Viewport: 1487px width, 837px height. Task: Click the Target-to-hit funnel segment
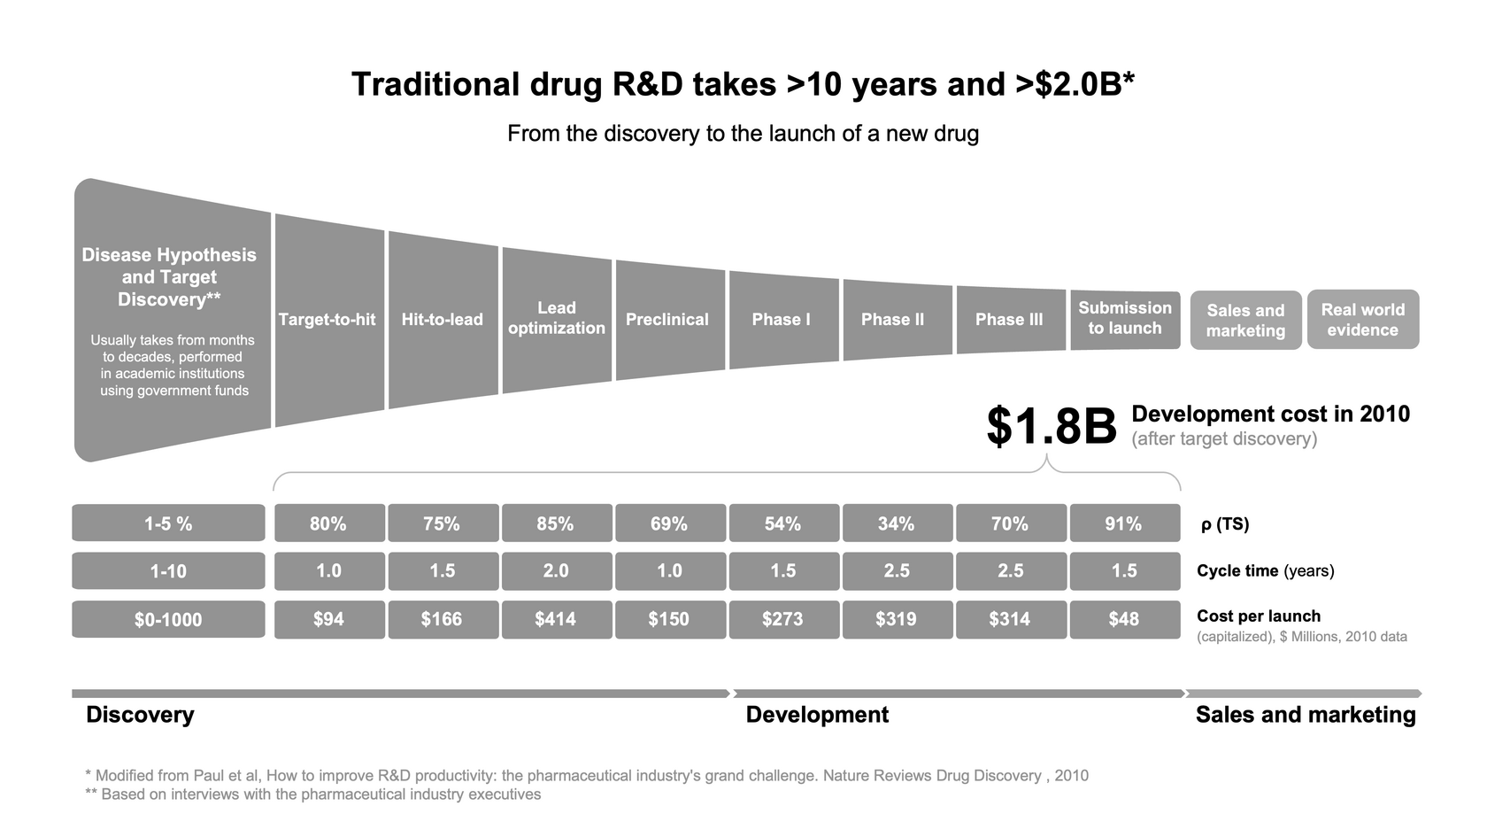coord(328,320)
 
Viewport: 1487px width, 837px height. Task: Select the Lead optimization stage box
coord(557,319)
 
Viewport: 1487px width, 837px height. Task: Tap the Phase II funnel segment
coord(893,320)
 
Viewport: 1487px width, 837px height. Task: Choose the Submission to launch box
coord(1125,319)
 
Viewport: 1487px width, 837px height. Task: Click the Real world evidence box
coord(1363,320)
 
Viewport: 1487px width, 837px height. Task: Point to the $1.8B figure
coord(1052,427)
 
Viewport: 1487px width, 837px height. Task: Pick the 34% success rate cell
coord(897,523)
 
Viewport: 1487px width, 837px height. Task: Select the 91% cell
coord(1124,523)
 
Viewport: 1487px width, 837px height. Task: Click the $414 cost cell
coord(556,619)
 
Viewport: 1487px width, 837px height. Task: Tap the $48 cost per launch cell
coord(1124,619)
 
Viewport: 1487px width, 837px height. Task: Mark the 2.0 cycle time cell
coord(556,571)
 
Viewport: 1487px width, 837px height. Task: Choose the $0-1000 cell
coord(168,620)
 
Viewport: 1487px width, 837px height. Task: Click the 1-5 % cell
coord(168,523)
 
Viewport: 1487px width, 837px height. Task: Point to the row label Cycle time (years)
coord(1265,571)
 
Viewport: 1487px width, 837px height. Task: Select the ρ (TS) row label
coord(1224,524)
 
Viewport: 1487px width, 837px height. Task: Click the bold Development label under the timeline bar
coord(817,715)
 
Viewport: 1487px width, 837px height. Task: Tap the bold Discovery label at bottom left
coord(140,715)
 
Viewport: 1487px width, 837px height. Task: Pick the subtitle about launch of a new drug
coord(743,134)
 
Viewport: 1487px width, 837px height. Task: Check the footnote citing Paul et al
coord(586,776)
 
